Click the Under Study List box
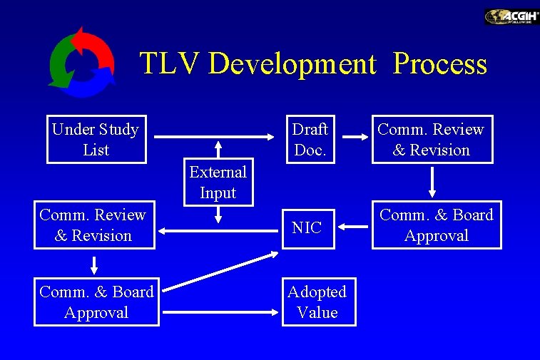(x=96, y=140)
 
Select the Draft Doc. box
(x=310, y=140)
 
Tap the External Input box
(x=218, y=182)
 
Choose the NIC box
(x=307, y=228)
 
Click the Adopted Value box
(x=317, y=302)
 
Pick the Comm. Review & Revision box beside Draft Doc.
(x=432, y=140)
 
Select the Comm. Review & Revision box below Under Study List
(x=93, y=225)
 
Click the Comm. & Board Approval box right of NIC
(x=436, y=225)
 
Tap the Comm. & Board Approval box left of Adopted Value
(x=96, y=302)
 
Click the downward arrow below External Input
(x=218, y=215)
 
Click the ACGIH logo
(x=511, y=17)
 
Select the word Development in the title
(x=292, y=64)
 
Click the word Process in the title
(x=440, y=64)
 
